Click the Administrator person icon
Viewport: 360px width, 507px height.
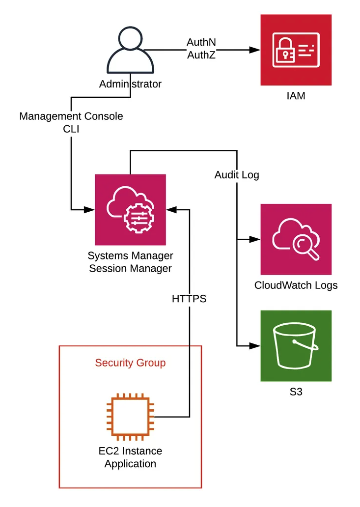130,50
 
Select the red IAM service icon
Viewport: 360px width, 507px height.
296,50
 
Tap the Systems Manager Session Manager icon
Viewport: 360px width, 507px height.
130,210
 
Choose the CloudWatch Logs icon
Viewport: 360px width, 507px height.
296,239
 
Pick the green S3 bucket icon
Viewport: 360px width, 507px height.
296,346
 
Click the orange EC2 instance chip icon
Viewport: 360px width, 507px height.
130,417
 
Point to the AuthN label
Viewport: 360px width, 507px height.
201,42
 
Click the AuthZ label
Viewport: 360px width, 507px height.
201,55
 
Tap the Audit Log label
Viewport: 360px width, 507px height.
237,175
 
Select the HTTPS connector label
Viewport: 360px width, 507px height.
189,298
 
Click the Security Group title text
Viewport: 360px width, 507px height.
130,363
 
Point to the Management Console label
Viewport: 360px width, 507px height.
71,116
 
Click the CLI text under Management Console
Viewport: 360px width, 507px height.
71,129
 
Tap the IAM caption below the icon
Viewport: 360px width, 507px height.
296,96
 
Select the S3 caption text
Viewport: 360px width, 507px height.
296,392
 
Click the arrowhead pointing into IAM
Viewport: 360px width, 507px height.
255,50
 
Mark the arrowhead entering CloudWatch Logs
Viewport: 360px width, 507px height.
255,239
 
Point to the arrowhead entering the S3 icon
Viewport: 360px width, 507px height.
255,346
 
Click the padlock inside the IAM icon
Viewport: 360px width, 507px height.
285,50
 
